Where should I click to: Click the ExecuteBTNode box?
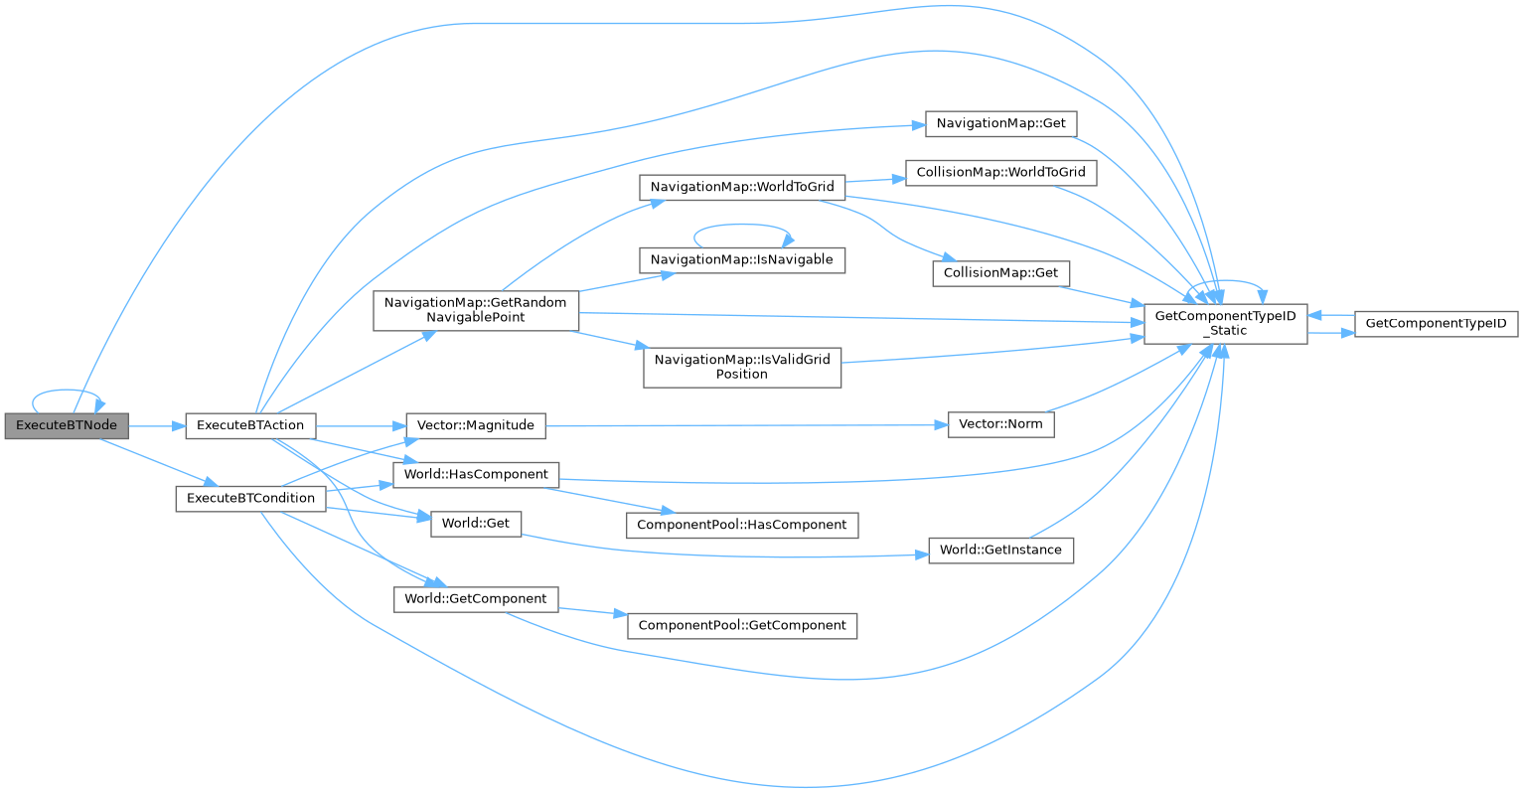point(67,425)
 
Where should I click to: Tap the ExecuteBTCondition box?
point(250,498)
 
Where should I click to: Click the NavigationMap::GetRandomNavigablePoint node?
point(475,310)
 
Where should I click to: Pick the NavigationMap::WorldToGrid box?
point(741,186)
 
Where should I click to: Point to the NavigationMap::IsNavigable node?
point(741,259)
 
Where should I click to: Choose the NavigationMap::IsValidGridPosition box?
point(741,367)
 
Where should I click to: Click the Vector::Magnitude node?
point(475,425)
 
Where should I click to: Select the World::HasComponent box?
point(476,475)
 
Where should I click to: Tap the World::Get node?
point(476,524)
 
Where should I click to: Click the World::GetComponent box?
point(476,599)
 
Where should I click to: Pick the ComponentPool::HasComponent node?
point(741,525)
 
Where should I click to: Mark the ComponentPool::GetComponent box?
point(741,625)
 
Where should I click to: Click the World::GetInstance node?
point(1000,550)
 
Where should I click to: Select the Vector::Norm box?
point(1000,424)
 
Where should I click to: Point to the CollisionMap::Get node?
point(1000,272)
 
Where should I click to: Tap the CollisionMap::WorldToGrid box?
point(1000,172)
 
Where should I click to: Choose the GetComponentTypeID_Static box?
point(1225,324)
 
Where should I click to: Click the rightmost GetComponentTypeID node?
point(1436,324)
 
